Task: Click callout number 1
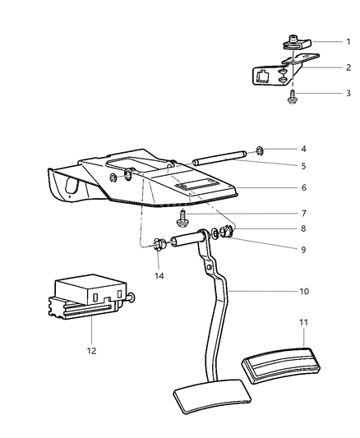348,41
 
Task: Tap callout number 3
348,95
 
